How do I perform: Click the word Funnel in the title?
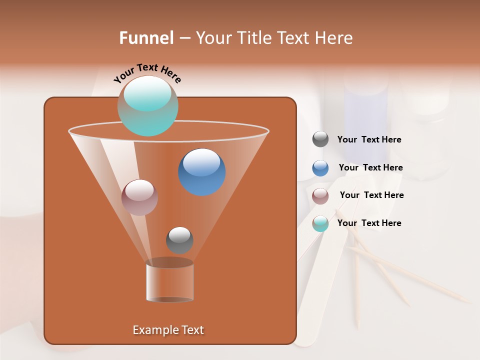click(146, 38)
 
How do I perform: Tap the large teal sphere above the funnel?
click(148, 105)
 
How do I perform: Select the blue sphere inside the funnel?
click(202, 172)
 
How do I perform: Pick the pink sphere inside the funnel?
click(139, 197)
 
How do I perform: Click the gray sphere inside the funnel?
click(179, 240)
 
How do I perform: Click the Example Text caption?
click(168, 330)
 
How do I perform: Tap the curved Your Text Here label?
click(147, 73)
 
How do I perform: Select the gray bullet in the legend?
click(320, 139)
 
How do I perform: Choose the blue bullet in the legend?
click(320, 167)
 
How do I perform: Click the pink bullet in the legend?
click(320, 195)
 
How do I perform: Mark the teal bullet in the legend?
click(320, 223)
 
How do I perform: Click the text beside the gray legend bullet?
click(369, 140)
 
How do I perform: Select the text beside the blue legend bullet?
click(370, 168)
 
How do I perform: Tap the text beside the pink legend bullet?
click(371, 195)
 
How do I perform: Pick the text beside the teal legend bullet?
click(369, 223)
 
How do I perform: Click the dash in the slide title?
click(184, 38)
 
